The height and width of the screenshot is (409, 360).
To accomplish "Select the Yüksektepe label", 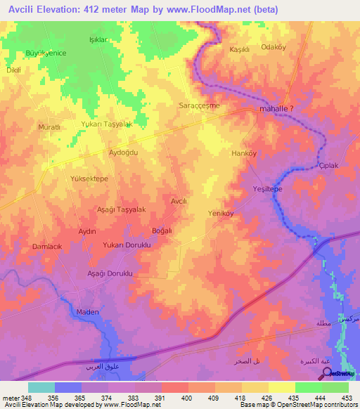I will tap(89, 179).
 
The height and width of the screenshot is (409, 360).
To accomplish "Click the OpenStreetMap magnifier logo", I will tap(326, 372).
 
